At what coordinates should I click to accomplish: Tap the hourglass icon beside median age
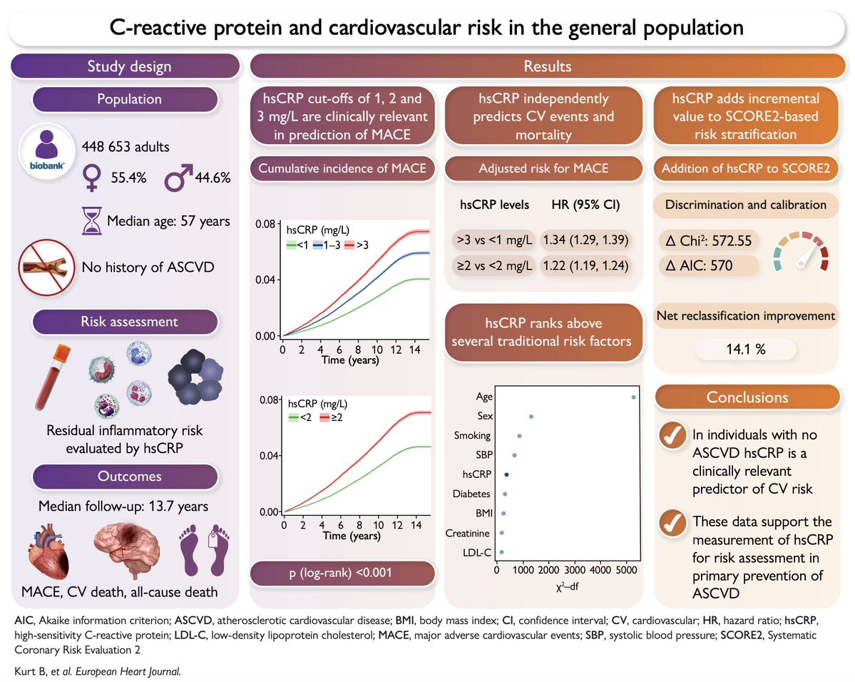click(x=91, y=220)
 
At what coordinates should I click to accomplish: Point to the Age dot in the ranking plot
click(x=634, y=397)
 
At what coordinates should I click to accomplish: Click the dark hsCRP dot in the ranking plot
click(x=506, y=474)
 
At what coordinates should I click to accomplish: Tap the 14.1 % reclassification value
click(x=745, y=350)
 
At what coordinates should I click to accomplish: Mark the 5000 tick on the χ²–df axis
click(x=627, y=571)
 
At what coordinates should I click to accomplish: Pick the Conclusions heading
click(x=747, y=397)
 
